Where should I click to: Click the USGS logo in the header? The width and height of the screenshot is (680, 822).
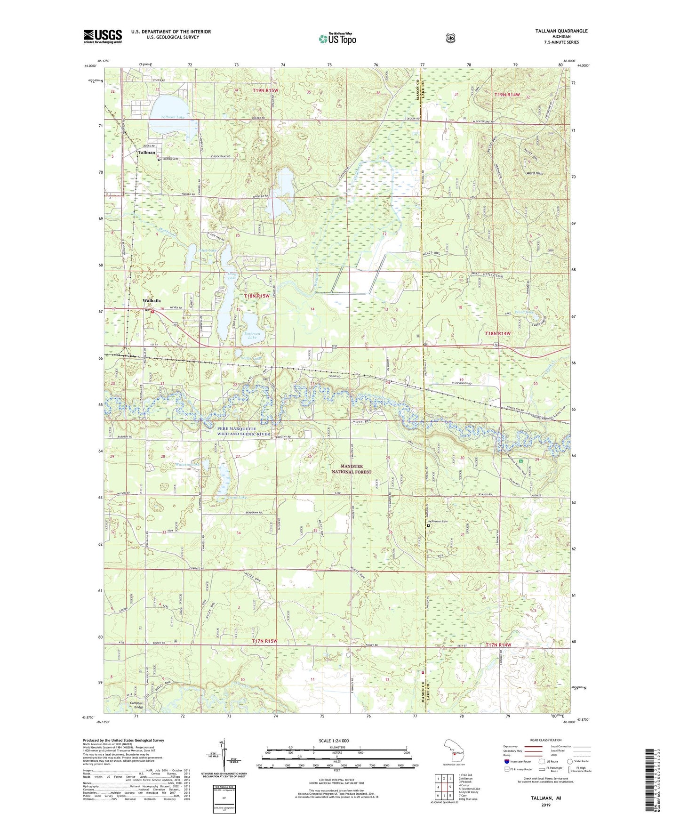103,36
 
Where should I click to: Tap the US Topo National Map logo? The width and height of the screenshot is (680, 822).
337,39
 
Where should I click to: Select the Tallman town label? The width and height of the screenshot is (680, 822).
146,153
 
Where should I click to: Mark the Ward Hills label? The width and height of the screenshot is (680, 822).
535,173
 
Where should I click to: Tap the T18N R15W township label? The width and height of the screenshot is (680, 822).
257,296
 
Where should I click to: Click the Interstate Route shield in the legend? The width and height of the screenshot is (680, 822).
506,761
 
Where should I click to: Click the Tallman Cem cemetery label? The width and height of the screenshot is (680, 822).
172,159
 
